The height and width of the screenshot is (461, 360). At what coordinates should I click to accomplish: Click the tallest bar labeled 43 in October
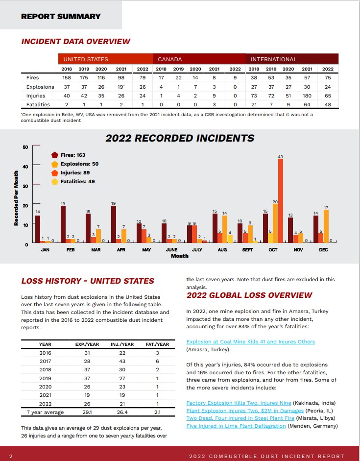pos(281,201)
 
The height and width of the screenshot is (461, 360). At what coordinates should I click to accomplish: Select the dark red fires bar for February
pos(63,224)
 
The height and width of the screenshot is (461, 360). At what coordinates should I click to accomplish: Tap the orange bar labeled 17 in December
pos(326,226)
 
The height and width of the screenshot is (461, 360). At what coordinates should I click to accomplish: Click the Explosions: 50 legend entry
pos(75,164)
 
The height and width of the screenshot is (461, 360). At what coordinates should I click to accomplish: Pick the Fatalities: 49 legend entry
pos(73,182)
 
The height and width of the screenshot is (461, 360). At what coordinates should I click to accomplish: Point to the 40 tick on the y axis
pos(25,167)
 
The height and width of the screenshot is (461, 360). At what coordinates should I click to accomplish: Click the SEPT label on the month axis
pos(247,250)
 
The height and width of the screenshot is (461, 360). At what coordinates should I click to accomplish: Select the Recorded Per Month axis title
pos(16,198)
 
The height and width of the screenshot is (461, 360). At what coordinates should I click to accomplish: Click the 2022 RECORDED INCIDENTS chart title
pos(180,138)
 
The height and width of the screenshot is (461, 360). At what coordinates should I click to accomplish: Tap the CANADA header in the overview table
pos(170,59)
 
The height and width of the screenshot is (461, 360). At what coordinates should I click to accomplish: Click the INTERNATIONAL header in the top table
pos(274,59)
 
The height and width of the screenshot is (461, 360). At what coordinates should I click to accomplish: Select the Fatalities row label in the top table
pos(38,104)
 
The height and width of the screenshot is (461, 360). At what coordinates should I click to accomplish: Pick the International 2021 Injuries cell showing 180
pos(307,96)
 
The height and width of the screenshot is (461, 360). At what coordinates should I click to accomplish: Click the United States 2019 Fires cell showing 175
pos(84,77)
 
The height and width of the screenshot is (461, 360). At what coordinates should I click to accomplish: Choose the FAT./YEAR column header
pos(158,344)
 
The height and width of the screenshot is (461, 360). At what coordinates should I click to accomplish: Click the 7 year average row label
pos(45,412)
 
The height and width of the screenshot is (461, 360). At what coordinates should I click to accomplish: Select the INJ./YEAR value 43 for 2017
pos(122,361)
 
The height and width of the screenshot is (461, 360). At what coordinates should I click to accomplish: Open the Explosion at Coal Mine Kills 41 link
pos(251,341)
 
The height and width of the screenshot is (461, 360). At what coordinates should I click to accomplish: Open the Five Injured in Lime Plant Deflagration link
pos(236,426)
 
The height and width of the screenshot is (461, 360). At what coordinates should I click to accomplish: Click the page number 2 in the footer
pos(11,456)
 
